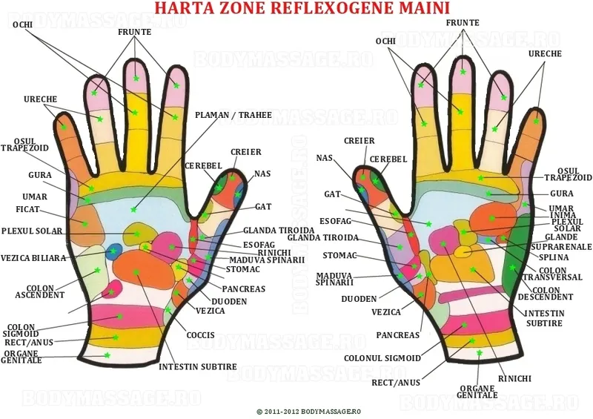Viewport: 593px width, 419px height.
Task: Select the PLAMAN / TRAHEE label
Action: click(233, 115)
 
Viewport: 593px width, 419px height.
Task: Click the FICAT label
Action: click(27, 209)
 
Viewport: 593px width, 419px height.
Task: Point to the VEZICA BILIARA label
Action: click(33, 258)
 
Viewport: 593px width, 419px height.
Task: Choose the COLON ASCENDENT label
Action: click(40, 291)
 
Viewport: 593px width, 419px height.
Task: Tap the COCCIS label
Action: click(200, 335)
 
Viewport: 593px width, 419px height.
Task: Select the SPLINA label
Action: click(554, 257)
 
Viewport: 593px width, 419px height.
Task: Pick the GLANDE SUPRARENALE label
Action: click(562, 242)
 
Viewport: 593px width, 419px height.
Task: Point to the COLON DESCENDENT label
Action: click(546, 294)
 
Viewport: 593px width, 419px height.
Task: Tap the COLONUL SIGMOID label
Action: click(382, 358)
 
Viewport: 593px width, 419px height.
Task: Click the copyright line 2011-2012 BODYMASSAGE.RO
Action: click(308, 412)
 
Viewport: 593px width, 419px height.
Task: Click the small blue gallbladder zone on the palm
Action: click(113, 251)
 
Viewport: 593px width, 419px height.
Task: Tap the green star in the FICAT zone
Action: click(85, 224)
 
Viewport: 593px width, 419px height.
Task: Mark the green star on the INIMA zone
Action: click(492, 218)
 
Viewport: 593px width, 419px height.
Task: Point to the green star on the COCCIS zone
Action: click(168, 310)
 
